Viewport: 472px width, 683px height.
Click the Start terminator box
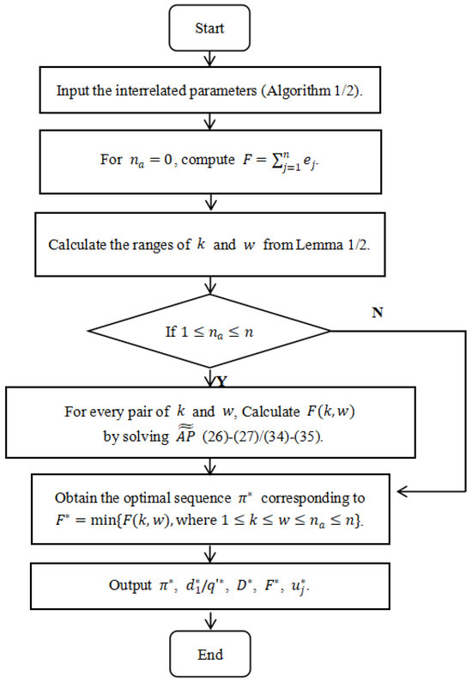209,28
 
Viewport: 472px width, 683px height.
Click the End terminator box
210,655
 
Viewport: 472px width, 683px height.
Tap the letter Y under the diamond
221,380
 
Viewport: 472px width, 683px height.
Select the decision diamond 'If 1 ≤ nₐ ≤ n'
210,330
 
